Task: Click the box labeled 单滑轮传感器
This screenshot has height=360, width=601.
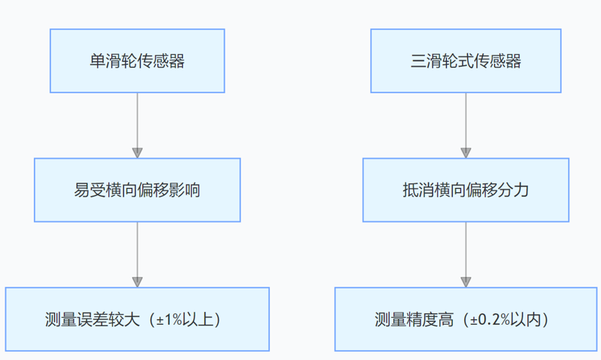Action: (x=137, y=61)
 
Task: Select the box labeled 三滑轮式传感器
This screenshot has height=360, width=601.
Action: (x=466, y=61)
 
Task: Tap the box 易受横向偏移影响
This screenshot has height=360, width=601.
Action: (x=137, y=190)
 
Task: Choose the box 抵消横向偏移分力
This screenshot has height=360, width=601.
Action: (x=466, y=190)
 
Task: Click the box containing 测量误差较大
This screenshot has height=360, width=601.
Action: (x=137, y=319)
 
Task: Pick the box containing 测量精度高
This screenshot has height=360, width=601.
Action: (x=466, y=319)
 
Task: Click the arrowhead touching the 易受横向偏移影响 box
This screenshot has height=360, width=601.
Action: (x=137, y=153)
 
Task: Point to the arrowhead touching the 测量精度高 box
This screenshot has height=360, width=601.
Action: (x=466, y=282)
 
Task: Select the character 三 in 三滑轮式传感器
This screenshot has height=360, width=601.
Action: (x=418, y=62)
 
